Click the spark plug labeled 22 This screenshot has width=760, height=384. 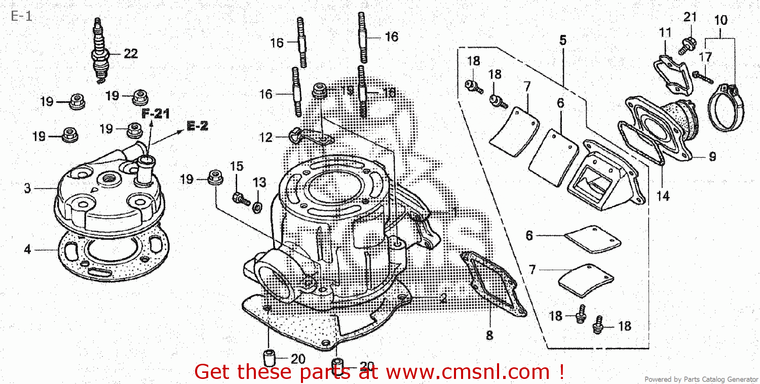tap(99, 51)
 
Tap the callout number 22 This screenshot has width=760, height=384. tap(131, 54)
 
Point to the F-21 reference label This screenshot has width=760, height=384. tap(156, 114)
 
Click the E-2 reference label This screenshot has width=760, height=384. tap(198, 126)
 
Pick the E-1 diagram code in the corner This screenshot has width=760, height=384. tap(21, 16)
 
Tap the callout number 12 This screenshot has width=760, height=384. tap(266, 137)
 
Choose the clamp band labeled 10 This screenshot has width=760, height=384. tap(727, 109)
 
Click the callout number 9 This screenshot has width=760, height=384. tap(712, 157)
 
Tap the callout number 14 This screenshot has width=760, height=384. tap(663, 195)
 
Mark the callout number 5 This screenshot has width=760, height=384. tap(563, 40)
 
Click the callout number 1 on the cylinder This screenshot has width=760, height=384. tap(454, 212)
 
